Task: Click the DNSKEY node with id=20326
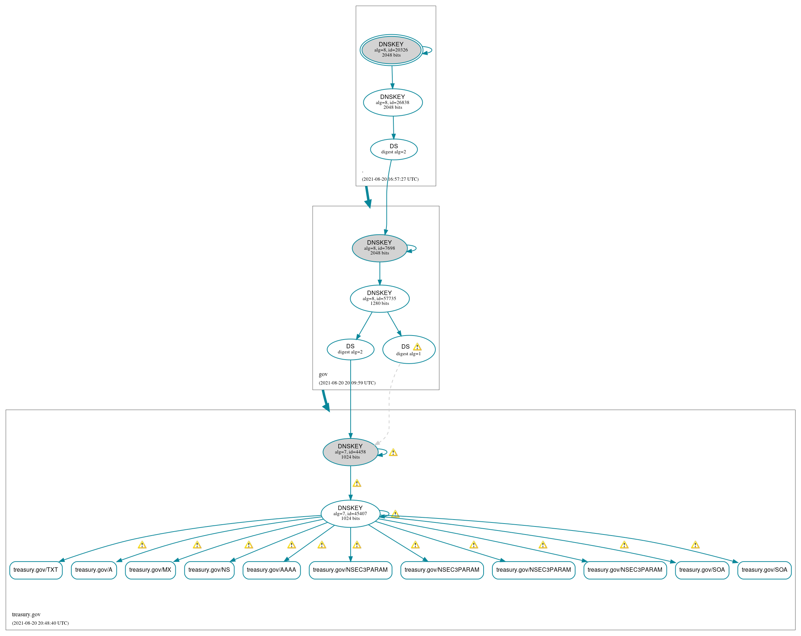tap(391, 50)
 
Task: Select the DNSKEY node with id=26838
tap(393, 102)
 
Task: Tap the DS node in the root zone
tap(394, 149)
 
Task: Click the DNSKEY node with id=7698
tap(379, 248)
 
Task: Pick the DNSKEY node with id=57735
tap(379, 299)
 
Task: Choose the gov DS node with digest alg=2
tap(350, 349)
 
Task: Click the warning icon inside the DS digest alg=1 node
tap(417, 347)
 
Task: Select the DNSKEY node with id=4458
tap(350, 452)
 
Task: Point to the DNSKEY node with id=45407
tap(350, 513)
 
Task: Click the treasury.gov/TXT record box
tap(36, 570)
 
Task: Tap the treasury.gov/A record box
tap(94, 570)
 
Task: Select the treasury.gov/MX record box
tap(150, 570)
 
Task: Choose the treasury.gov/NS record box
tap(209, 570)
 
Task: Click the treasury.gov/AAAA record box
tap(271, 570)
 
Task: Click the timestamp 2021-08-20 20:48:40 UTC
tap(40, 623)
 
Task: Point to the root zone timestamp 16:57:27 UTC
tap(390, 179)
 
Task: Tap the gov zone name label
tap(323, 374)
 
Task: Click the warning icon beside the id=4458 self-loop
tap(393, 452)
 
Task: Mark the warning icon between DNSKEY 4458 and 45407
tap(356, 483)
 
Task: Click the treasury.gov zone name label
tap(26, 614)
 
